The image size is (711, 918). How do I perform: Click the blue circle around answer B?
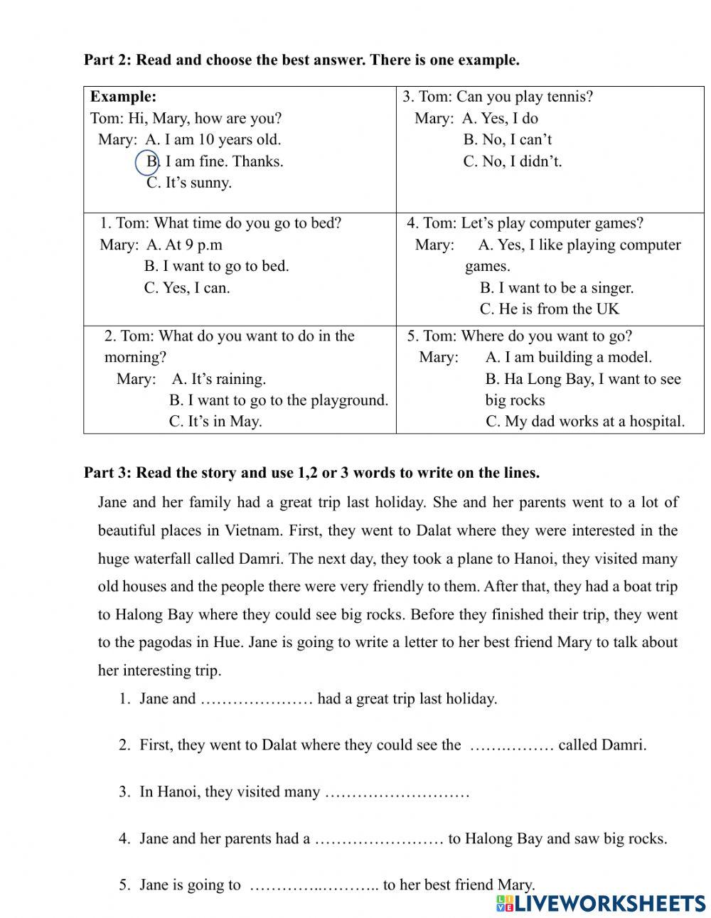point(147,162)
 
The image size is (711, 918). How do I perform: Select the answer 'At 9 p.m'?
point(184,245)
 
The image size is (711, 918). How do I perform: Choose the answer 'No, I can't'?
point(508,140)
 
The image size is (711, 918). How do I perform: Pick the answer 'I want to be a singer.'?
point(556,288)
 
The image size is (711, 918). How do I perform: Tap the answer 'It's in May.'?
point(215,422)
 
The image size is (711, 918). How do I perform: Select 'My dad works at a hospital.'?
point(585,422)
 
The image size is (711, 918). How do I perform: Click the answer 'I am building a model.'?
point(568,358)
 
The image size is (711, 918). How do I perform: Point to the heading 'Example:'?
point(123,97)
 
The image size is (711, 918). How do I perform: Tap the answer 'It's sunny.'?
point(189,183)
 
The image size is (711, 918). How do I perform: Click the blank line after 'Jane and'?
point(256,700)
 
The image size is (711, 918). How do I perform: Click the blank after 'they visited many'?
point(397,793)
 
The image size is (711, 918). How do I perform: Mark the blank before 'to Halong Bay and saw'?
point(379,840)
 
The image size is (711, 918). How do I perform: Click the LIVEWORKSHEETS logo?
point(601,903)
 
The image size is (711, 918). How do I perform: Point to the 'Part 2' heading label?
point(107,60)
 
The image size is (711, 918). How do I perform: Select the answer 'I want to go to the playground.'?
point(279,400)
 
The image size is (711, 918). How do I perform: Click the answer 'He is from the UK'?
point(549,309)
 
